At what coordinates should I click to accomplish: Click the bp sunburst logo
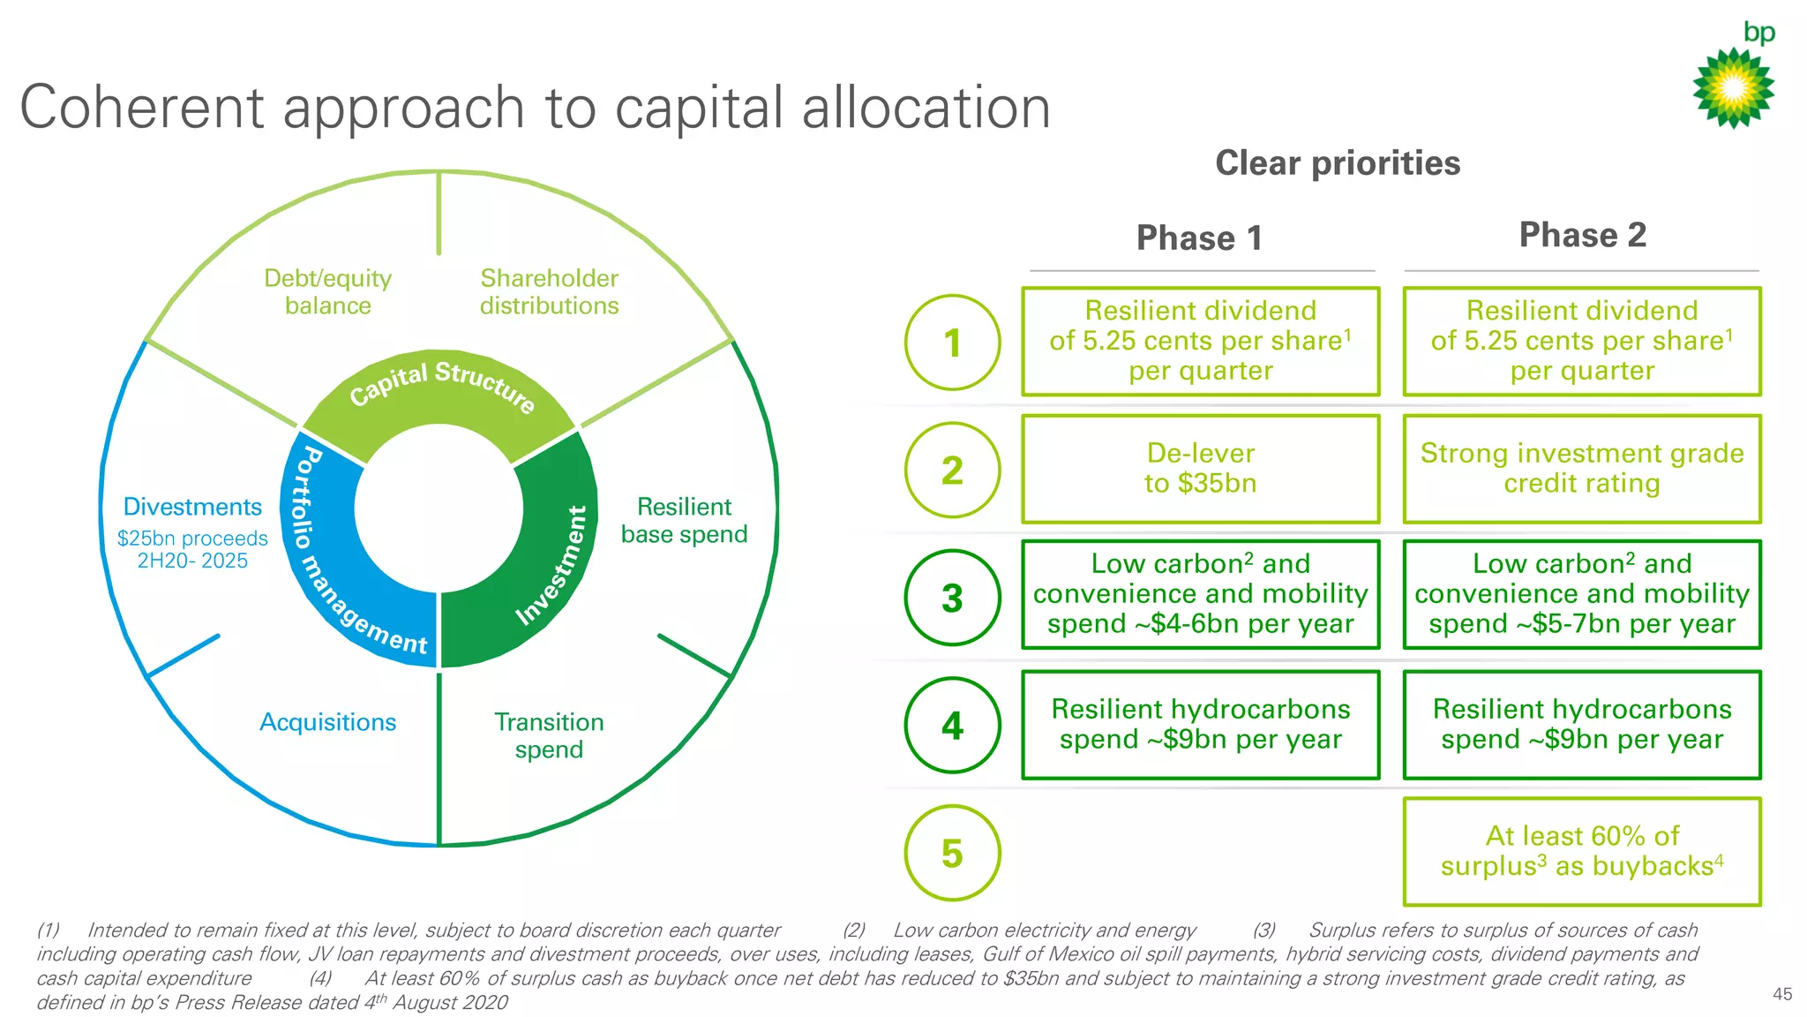(x=1733, y=88)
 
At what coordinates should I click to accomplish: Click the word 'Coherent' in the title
(x=141, y=108)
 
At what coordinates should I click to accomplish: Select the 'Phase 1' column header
(x=1199, y=238)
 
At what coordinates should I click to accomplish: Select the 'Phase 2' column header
(x=1582, y=235)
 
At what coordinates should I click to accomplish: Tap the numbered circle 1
(x=952, y=343)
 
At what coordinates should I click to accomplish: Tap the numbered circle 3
(x=952, y=598)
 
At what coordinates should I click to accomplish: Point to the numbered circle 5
(x=952, y=853)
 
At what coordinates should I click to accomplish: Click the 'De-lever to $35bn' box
(x=1200, y=469)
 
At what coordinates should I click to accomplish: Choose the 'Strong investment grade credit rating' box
(x=1582, y=469)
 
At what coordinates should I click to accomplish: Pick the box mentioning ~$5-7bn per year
(x=1582, y=594)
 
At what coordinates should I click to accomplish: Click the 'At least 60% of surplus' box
(x=1582, y=851)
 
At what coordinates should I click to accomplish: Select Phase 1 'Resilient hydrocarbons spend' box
(x=1200, y=725)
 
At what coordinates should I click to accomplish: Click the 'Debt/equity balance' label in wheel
(x=327, y=292)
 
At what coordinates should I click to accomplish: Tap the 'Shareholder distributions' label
(x=549, y=292)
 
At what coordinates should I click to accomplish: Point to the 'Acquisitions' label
(x=327, y=722)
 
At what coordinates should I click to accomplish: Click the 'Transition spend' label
(x=549, y=735)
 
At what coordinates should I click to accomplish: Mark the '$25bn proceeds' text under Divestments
(x=192, y=539)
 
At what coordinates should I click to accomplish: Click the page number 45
(x=1781, y=994)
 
